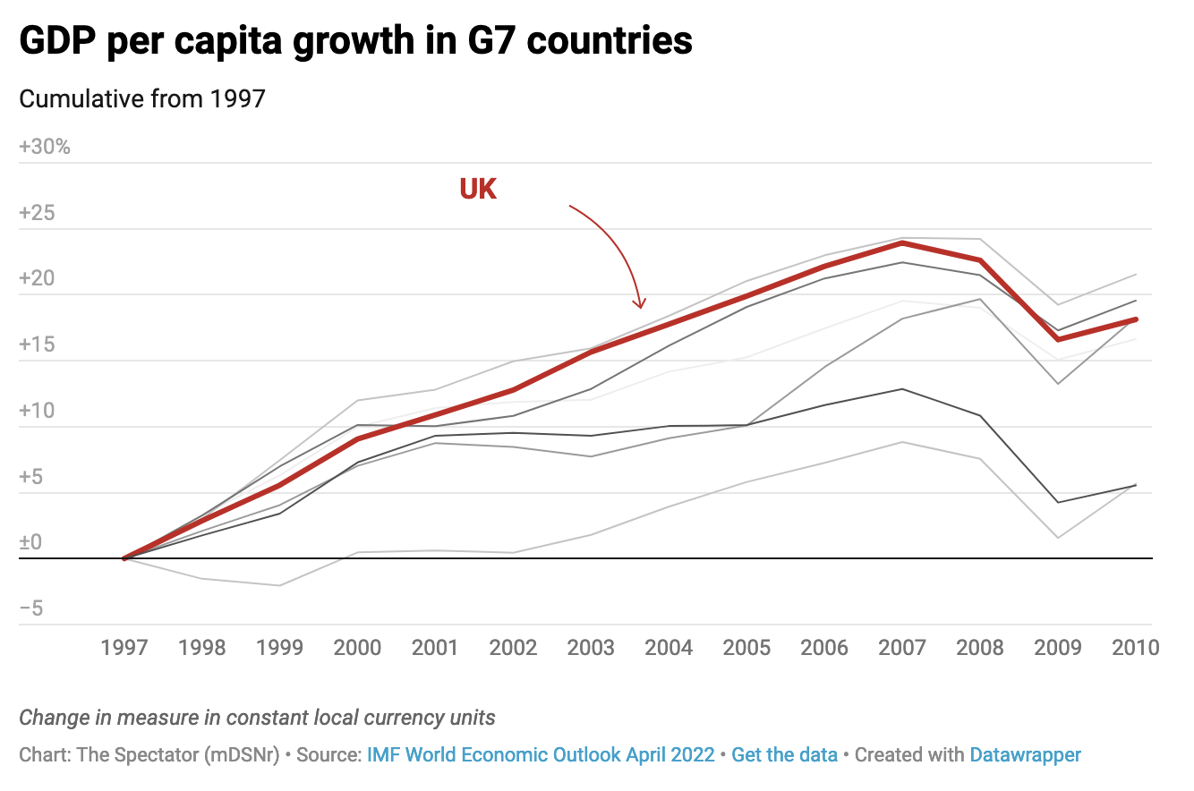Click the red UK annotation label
point(478,189)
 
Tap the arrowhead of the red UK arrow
point(640,305)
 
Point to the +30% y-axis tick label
point(45,147)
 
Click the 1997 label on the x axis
point(124,647)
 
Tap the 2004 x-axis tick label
point(669,647)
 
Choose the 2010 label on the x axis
point(1134,647)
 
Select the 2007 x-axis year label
point(901,647)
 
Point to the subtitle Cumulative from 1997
point(142,98)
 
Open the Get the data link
point(784,754)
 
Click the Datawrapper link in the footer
point(1025,754)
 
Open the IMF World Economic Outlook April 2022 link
point(541,754)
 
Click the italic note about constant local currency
point(257,718)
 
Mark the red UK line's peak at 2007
point(902,242)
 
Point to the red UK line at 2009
point(1058,339)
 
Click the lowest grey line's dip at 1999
point(279,585)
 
